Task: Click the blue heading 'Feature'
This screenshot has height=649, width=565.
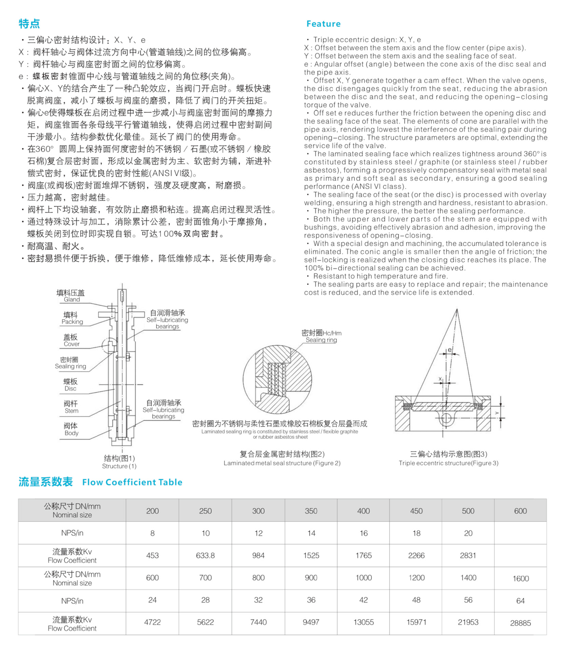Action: pos(323,24)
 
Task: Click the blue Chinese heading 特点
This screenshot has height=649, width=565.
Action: pos(29,24)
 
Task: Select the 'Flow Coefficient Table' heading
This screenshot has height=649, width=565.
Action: pos(132,482)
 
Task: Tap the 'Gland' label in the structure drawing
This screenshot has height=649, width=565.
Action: pos(72,299)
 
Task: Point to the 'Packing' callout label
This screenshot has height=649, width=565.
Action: pos(72,322)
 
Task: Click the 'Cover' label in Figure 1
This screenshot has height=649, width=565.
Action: pos(71,344)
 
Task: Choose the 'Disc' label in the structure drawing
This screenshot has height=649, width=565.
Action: pos(70,388)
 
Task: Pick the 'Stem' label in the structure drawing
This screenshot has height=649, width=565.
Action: pos(71,410)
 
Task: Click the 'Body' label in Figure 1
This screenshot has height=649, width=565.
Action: pos(71,433)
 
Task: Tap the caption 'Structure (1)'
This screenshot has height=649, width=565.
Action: pos(119,466)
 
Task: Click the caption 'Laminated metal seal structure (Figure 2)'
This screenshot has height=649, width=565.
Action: pos(282,463)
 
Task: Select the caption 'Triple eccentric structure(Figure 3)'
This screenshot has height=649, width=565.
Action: pos(448,463)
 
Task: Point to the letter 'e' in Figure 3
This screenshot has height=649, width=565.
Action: pos(450,350)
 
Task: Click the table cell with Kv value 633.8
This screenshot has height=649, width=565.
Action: pos(205,555)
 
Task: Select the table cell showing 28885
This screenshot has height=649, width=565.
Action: pos(520,623)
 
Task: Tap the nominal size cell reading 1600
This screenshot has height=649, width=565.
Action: pos(520,579)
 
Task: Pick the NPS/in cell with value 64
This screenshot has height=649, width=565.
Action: pos(520,601)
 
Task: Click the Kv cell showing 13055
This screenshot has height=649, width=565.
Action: pos(363,622)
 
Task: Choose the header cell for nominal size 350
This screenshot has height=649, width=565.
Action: pos(311,511)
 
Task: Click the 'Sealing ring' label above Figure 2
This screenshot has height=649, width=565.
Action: pos(321,340)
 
